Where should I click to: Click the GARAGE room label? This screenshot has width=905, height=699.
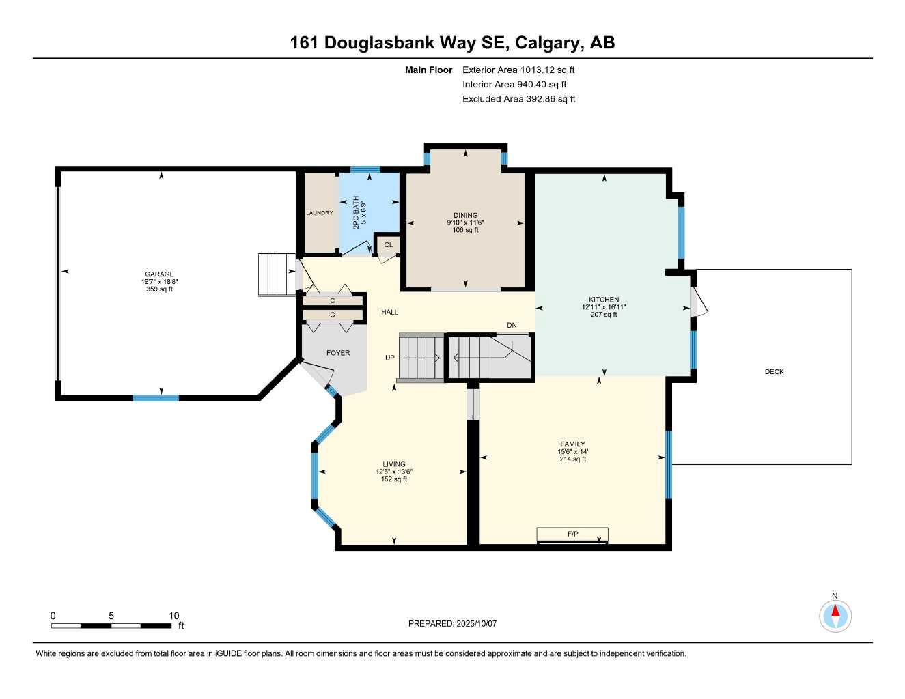[x=159, y=274]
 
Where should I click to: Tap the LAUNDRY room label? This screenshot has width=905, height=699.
[x=320, y=213]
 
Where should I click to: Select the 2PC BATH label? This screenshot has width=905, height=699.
[x=356, y=212]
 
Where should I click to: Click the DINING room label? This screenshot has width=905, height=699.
[x=465, y=215]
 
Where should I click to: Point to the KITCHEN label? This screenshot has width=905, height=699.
[x=604, y=300]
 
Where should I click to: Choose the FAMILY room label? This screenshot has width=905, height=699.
[x=572, y=444]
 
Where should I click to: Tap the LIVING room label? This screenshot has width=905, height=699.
[x=394, y=464]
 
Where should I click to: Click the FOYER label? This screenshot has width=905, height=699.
[x=338, y=353]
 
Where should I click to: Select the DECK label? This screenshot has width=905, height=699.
[x=774, y=372]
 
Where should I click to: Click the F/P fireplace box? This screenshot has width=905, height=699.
[x=572, y=534]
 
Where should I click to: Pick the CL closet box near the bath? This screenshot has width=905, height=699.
[x=389, y=245]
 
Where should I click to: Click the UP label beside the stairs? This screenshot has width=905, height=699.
[x=390, y=358]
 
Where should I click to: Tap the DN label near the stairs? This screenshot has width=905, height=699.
[x=512, y=326]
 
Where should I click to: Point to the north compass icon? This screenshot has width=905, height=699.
[x=835, y=616]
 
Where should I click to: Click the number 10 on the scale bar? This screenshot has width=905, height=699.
[x=174, y=616]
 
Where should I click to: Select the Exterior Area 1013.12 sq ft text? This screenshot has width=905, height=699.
[x=518, y=70]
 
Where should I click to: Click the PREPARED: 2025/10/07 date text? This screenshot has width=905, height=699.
[x=452, y=623]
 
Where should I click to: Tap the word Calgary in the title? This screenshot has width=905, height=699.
[x=546, y=43]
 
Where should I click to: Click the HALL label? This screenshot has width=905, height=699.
[x=389, y=312]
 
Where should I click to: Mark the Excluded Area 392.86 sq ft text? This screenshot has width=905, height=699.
[x=518, y=99]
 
